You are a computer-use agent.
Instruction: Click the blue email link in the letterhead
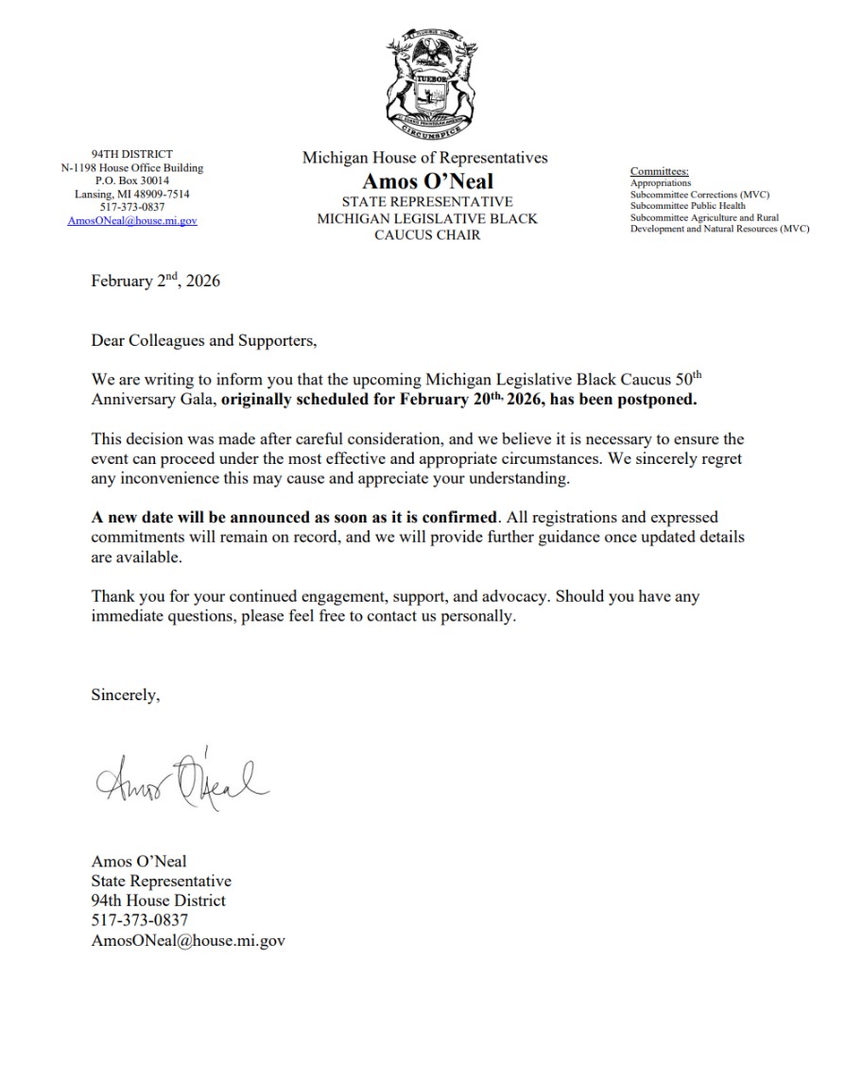click(x=132, y=220)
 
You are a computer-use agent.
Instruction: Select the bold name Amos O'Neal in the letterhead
click(x=427, y=181)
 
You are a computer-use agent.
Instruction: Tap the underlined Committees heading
click(x=660, y=171)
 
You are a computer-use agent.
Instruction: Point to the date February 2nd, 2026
click(x=155, y=281)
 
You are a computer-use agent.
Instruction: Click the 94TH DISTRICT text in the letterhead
click(x=132, y=153)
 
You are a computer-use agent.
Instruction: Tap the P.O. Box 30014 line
click(x=132, y=180)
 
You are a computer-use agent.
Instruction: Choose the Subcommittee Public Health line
click(x=688, y=206)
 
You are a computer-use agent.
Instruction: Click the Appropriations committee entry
click(x=661, y=183)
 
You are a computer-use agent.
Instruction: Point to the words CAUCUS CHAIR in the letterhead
click(x=427, y=234)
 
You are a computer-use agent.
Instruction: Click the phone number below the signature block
click(x=140, y=919)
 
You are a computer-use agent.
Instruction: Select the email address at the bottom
click(x=188, y=940)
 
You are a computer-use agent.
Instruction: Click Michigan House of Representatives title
click(x=424, y=158)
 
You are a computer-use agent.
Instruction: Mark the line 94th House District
click(x=158, y=900)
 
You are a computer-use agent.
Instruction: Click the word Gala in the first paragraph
click(x=199, y=399)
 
